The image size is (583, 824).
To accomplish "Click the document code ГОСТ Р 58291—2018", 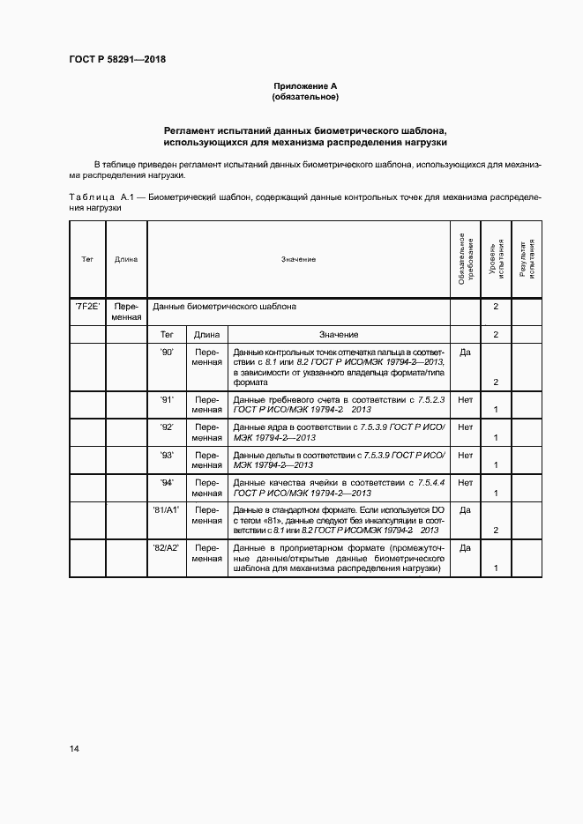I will pyautogui.click(x=117, y=60).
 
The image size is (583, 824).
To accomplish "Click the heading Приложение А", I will pyautogui.click(x=305, y=85).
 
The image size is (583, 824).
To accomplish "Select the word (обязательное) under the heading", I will pyautogui.click(x=305, y=96).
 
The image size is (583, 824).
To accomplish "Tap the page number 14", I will pyautogui.click(x=74, y=749).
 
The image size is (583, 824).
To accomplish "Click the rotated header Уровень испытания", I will pyautogui.click(x=497, y=259).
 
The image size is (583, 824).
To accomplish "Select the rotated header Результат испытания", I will pyautogui.click(x=527, y=259).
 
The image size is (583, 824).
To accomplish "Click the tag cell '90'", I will pyautogui.click(x=167, y=352).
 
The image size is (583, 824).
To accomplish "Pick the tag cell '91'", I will pyautogui.click(x=167, y=399).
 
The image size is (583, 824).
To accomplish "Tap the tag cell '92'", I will pyautogui.click(x=167, y=427).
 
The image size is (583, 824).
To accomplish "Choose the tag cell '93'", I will pyautogui.click(x=167, y=455).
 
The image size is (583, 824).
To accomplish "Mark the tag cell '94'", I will pyautogui.click(x=167, y=482).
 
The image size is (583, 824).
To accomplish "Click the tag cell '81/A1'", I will pyautogui.click(x=167, y=509).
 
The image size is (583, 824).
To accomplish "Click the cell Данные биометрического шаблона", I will pyautogui.click(x=224, y=307).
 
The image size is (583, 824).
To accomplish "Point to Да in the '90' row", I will pyautogui.click(x=465, y=352).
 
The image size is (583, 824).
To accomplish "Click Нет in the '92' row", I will pyautogui.click(x=465, y=427).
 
